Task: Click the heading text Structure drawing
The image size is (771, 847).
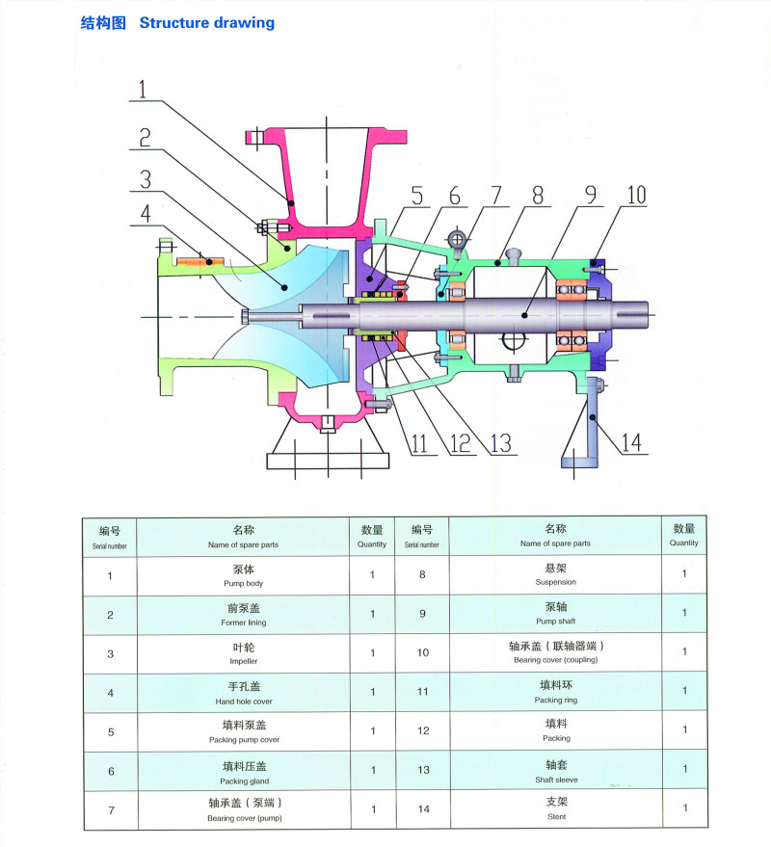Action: point(206,22)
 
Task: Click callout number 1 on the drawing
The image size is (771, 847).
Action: point(142,91)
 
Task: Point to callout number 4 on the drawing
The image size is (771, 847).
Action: point(142,212)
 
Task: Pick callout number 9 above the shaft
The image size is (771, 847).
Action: point(587,195)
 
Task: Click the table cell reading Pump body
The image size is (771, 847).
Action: point(243,576)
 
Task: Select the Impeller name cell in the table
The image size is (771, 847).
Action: point(243,654)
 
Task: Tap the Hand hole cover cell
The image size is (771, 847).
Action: point(243,693)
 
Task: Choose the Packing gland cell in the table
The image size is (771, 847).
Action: point(243,772)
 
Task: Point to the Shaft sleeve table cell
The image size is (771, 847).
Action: point(556,771)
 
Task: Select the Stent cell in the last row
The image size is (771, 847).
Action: point(556,809)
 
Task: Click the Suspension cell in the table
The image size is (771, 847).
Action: point(556,575)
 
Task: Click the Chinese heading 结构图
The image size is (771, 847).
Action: point(103,22)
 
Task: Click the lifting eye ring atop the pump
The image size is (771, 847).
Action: point(460,237)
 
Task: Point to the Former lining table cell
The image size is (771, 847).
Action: point(243,615)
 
